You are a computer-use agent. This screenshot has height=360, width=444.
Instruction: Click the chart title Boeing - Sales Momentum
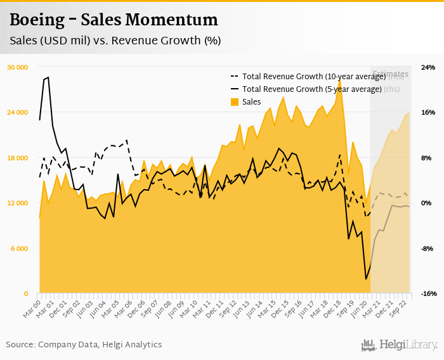pos(114,20)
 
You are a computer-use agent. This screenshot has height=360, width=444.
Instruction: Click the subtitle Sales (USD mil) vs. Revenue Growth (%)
pos(115,41)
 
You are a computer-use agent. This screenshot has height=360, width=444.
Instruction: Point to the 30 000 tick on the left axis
pos(18,67)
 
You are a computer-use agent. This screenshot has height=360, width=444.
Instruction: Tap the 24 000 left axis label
pos(18,112)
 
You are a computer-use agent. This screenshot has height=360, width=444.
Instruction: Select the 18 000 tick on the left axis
pos(18,158)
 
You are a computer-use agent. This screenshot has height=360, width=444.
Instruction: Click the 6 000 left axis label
pos(20,248)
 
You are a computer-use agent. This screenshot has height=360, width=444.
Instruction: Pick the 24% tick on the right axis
pos(428,67)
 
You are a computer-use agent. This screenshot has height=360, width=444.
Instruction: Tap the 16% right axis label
pos(428,112)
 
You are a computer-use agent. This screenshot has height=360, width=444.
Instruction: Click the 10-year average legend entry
pos(314,77)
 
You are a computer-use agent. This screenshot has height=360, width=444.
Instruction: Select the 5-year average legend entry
pos(311,89)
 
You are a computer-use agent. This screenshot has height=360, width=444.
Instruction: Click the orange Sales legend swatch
pos(234,101)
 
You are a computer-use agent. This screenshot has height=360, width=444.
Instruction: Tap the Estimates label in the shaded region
pos(390,74)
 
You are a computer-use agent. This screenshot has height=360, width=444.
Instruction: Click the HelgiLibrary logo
pos(399,345)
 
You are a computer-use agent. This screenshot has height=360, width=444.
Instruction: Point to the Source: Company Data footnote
pos(84,344)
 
